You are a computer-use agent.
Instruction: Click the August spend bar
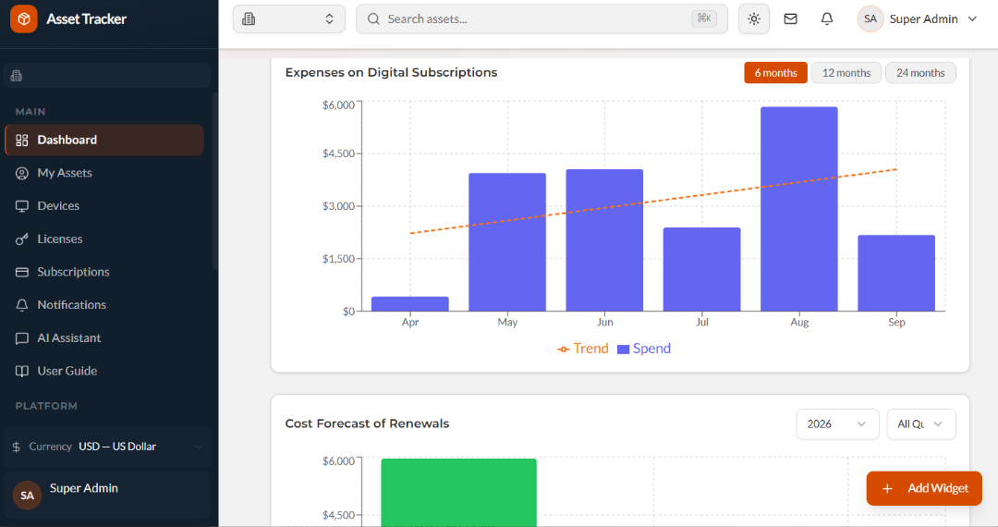pos(798,209)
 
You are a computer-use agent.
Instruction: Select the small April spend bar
pos(410,303)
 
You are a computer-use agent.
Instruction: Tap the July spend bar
pos(701,269)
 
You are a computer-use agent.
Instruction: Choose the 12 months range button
pos(846,72)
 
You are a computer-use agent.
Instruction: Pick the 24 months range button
pos(920,72)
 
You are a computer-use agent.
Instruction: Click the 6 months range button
pos(775,72)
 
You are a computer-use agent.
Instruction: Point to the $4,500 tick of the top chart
pos(338,153)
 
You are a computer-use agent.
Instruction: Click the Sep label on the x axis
pos(896,322)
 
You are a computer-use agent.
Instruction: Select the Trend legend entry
pos(583,349)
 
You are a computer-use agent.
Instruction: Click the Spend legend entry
pos(644,349)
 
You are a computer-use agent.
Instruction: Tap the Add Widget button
pos(924,488)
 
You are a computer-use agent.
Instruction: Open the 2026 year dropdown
pos(837,423)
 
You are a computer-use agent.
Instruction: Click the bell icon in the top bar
pos(827,19)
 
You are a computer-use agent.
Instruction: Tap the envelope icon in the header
pos(790,19)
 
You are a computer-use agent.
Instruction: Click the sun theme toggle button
pos(754,19)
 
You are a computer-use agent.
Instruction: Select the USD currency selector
pos(106,447)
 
